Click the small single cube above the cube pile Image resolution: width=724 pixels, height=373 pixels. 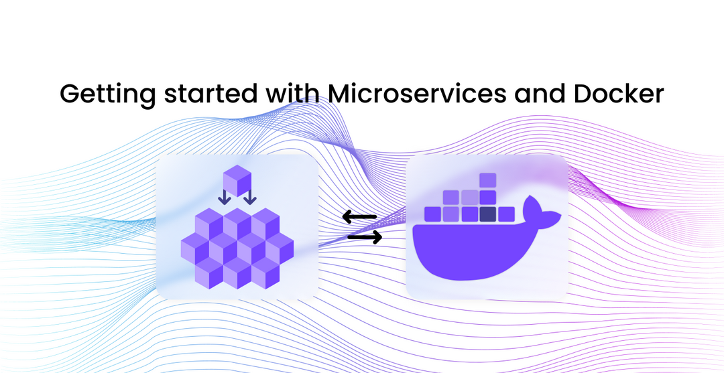coord(237,180)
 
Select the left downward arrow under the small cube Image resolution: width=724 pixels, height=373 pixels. coord(225,198)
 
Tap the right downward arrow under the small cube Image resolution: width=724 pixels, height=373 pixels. coord(249,198)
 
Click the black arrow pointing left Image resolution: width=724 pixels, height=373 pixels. coord(359,216)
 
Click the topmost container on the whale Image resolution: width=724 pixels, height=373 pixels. coord(487,180)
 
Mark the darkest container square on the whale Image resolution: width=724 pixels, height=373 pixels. coord(487,214)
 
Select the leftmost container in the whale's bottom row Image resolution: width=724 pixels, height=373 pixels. coord(432,214)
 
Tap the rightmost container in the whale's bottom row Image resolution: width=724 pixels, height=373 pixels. coord(506,214)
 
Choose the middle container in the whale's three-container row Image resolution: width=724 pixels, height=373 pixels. coord(469,198)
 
